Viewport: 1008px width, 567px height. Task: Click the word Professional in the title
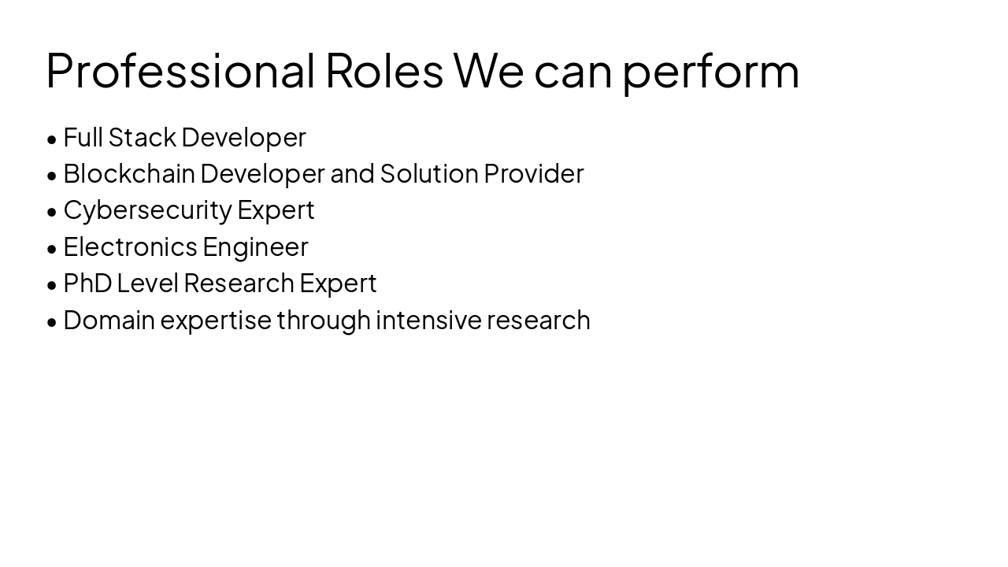coord(180,71)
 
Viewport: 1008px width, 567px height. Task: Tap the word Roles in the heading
coord(384,71)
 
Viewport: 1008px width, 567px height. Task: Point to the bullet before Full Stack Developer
coord(52,139)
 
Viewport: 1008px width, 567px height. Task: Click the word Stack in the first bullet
coord(142,138)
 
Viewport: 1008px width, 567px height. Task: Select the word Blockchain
coord(129,174)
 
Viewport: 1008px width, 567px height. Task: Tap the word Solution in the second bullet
coord(429,174)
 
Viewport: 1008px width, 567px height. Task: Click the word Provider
coord(534,174)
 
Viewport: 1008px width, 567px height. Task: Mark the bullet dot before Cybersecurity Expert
coord(52,212)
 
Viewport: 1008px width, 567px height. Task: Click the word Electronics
coord(130,247)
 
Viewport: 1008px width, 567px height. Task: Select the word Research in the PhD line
coord(239,283)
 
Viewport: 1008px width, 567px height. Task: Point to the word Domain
coord(109,321)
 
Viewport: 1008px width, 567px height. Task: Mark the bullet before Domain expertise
coord(52,322)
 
